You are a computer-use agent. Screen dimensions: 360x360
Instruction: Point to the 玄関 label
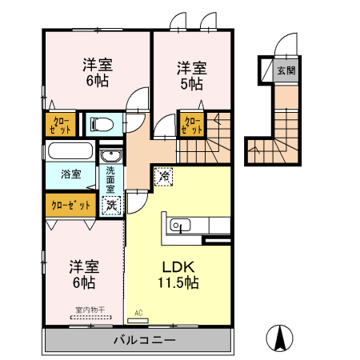pos(286,70)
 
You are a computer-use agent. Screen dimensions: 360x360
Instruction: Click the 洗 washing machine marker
pos(111,205)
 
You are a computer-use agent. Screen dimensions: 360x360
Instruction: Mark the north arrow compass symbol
pos(281,338)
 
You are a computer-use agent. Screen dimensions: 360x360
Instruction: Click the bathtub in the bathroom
pos(70,151)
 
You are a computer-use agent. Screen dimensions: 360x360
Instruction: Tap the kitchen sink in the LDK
pos(178,225)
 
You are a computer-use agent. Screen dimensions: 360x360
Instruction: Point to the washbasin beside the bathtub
pos(111,155)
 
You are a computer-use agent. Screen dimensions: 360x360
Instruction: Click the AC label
pos(138,313)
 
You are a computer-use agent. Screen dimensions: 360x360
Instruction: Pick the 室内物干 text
pos(90,310)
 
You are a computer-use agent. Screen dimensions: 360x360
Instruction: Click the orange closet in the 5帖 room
pos(192,124)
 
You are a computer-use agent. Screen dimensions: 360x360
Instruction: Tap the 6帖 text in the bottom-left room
pos(84,282)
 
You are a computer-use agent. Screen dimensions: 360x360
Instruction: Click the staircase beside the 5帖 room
pos(218,136)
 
